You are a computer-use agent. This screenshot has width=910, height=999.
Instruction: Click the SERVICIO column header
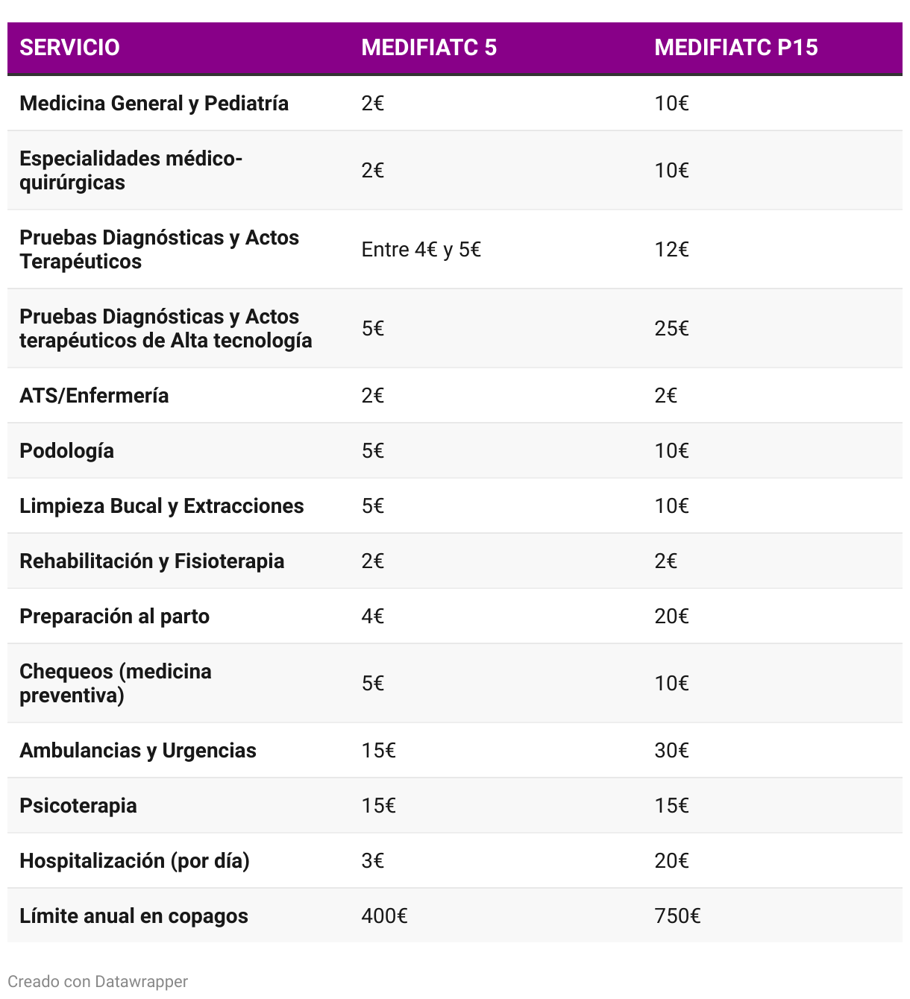69,48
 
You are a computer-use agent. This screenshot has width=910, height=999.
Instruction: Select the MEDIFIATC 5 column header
429,48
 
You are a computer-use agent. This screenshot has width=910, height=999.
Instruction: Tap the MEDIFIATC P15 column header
735,48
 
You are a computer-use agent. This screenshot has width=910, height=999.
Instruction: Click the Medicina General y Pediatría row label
154,104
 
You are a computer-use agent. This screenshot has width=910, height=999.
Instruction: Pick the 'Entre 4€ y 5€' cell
421,250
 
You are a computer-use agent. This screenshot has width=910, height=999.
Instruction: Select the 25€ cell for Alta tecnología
671,329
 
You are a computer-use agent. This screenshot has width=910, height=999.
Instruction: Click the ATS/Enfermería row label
94,396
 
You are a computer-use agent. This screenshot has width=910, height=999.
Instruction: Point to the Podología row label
66,451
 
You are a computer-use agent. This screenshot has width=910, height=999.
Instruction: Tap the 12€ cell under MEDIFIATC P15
671,250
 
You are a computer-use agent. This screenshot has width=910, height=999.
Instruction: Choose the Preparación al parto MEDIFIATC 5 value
372,617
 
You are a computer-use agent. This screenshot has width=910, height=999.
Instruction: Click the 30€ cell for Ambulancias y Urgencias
671,751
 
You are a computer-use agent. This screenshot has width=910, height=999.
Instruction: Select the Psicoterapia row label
78,806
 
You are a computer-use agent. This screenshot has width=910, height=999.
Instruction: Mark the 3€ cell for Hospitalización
372,861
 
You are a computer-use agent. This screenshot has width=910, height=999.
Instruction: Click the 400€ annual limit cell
384,916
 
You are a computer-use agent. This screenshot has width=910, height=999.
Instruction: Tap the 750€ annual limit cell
677,916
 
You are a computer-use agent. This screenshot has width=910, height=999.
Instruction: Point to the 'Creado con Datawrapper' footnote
98,982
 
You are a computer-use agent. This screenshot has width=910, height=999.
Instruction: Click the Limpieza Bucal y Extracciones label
161,506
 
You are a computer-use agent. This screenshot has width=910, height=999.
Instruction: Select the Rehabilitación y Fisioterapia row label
151,561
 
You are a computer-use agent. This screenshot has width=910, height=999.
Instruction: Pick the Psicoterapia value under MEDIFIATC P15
671,806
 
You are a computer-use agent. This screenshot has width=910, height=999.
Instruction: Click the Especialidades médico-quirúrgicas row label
131,171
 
